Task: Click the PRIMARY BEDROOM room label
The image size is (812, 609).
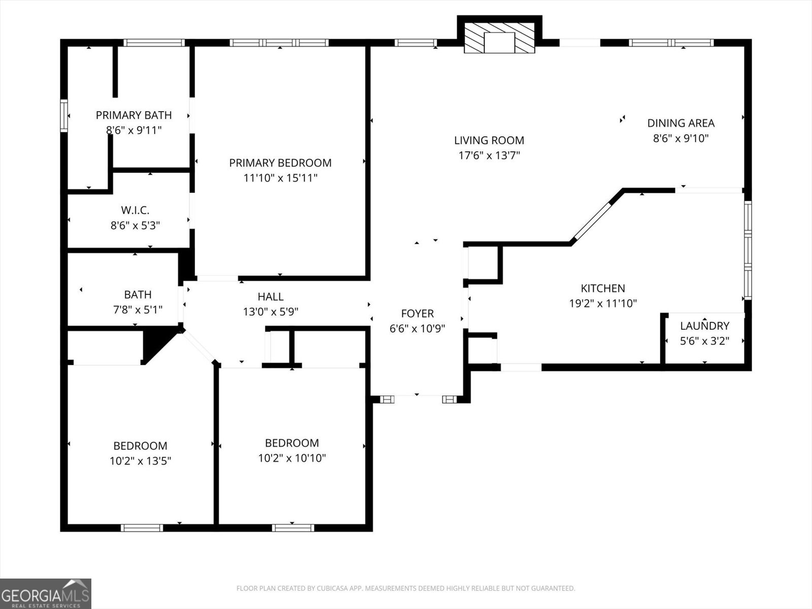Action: (280, 163)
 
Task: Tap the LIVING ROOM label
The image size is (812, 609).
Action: (489, 140)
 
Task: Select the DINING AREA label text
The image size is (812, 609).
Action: (681, 123)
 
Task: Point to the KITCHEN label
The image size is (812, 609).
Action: (602, 288)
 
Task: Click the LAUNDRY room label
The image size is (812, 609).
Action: (705, 326)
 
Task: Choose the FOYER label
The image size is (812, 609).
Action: (417, 314)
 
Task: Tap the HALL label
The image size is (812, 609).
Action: (270, 296)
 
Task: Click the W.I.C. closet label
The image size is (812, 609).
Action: (135, 211)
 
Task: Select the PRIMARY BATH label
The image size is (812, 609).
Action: (133, 115)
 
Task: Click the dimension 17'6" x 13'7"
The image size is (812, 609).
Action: (489, 155)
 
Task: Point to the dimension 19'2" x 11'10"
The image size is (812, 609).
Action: (602, 303)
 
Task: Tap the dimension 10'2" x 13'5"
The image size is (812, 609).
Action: (140, 461)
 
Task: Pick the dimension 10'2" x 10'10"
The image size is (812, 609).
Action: (292, 458)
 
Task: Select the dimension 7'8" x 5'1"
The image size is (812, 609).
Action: (138, 310)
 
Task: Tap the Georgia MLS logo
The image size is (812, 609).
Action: (46, 593)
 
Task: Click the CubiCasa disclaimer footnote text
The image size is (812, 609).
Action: (406, 588)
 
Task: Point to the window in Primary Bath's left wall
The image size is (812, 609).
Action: (64, 115)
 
